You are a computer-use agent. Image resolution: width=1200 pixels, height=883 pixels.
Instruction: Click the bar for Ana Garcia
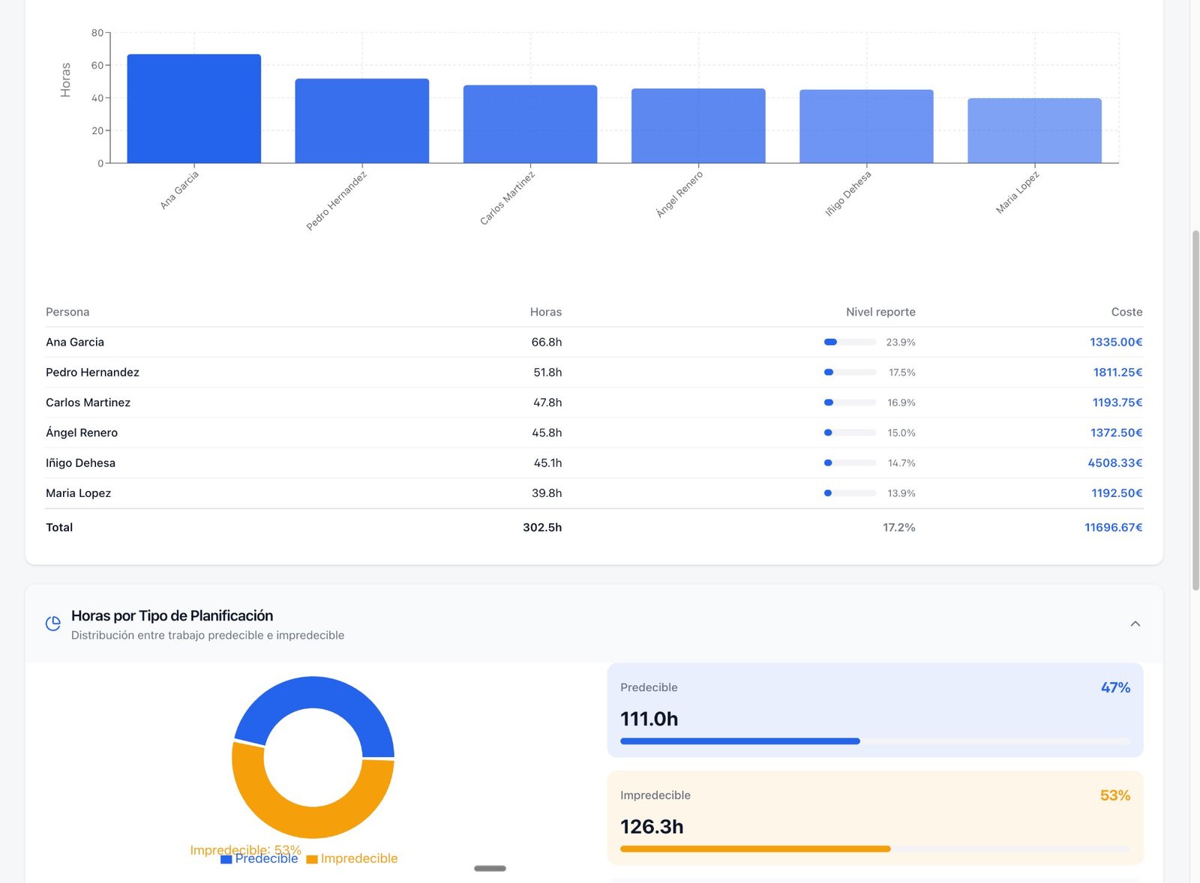pyautogui.click(x=193, y=109)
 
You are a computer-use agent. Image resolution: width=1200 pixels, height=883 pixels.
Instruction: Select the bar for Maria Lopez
pyautogui.click(x=1034, y=130)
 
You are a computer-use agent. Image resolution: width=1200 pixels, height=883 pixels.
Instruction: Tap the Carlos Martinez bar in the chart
pyautogui.click(x=529, y=124)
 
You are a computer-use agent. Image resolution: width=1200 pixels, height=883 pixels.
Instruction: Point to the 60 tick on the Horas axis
pyautogui.click(x=97, y=65)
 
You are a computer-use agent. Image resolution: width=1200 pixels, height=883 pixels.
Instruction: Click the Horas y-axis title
pyautogui.click(x=65, y=79)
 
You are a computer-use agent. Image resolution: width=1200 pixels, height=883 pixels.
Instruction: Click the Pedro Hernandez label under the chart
pyautogui.click(x=337, y=201)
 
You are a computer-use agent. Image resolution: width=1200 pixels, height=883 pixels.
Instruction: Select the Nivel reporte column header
pyautogui.click(x=880, y=312)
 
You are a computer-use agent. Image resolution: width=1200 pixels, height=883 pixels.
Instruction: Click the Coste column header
pyautogui.click(x=1126, y=312)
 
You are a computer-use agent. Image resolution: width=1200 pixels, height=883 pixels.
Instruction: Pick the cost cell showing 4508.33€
pyautogui.click(x=1114, y=462)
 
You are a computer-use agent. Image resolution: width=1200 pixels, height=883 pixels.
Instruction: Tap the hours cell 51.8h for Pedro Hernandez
pyautogui.click(x=547, y=372)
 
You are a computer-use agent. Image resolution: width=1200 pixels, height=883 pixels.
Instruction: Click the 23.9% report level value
pyautogui.click(x=900, y=342)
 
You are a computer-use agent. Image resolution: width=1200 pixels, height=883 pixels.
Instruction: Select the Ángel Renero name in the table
pyautogui.click(x=82, y=433)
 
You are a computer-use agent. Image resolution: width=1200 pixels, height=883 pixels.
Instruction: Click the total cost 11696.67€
pyautogui.click(x=1113, y=527)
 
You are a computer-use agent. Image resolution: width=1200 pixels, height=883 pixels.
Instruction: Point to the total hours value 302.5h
pyautogui.click(x=542, y=527)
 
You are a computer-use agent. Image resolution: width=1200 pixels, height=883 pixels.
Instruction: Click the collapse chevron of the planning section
pyautogui.click(x=1135, y=624)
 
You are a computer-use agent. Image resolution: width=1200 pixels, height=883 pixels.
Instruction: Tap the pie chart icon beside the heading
pyautogui.click(x=52, y=624)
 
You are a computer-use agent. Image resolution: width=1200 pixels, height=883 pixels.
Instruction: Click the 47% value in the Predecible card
pyautogui.click(x=1115, y=687)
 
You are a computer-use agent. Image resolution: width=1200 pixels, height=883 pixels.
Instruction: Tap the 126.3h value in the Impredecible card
pyautogui.click(x=652, y=826)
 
